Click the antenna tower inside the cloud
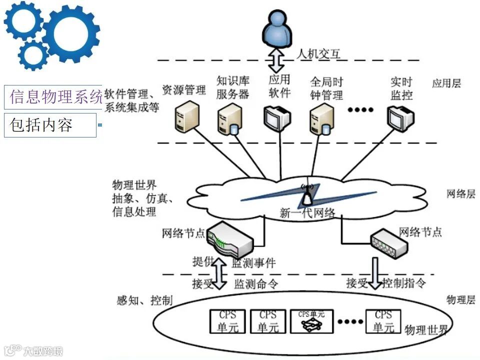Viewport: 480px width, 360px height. (306, 196)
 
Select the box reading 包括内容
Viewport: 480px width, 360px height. (49, 125)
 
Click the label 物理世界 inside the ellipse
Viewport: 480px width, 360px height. (426, 330)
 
